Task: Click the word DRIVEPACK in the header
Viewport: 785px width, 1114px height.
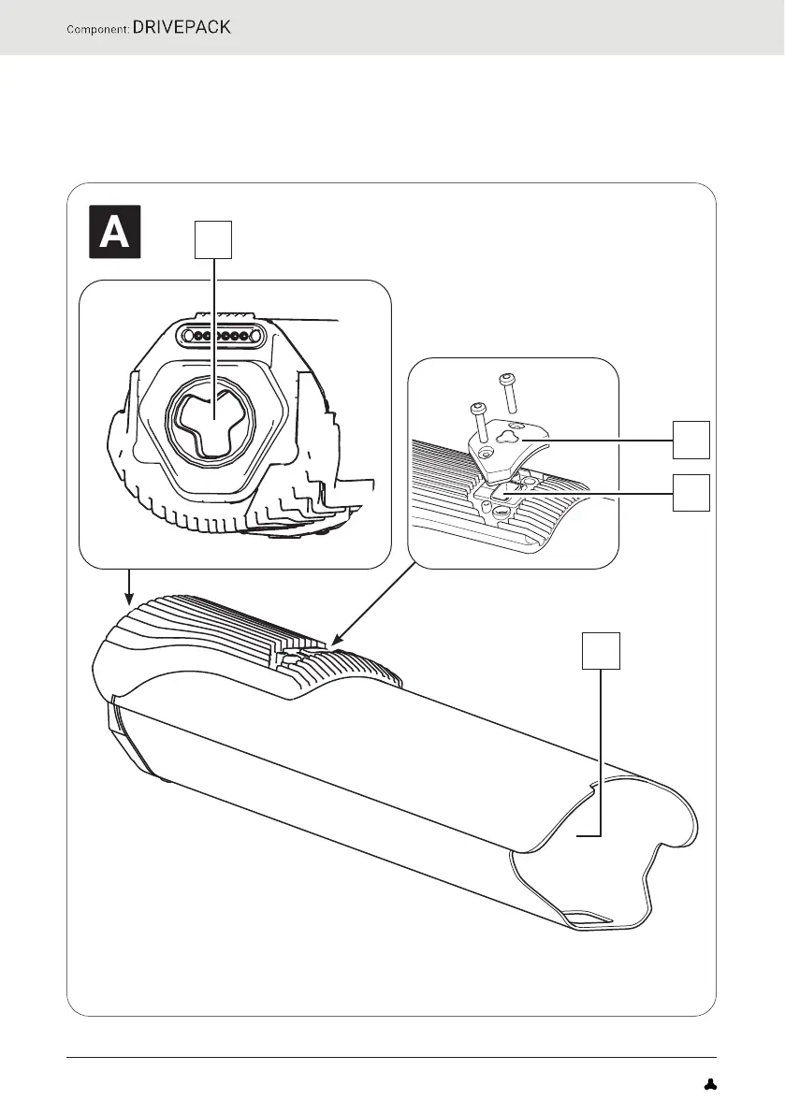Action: (182, 27)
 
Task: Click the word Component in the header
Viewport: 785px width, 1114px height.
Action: (96, 29)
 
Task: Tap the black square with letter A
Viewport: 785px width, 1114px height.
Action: (114, 231)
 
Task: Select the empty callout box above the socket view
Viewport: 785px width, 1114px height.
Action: (213, 240)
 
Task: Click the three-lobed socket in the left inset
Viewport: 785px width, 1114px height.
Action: (215, 420)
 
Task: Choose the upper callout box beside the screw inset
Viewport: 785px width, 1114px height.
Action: (691, 439)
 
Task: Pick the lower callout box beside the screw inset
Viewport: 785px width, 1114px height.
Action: (691, 493)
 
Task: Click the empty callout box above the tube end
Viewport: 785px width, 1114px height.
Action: (602, 651)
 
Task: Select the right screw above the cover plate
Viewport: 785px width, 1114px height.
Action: (509, 392)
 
